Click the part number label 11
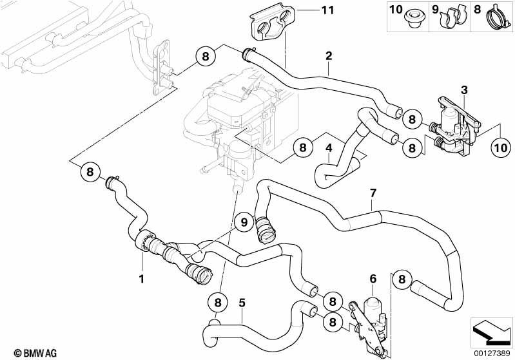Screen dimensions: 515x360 tap(327, 10)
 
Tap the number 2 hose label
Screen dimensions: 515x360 tap(329, 55)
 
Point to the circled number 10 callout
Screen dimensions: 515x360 tap(501, 147)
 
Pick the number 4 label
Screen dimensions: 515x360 tap(329, 148)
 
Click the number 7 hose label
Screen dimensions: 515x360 tap(373, 193)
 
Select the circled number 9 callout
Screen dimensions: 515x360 tap(244, 222)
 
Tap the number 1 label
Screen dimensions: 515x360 tap(142, 279)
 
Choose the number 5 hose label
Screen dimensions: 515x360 tap(242, 302)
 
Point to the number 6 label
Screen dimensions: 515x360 tap(373, 279)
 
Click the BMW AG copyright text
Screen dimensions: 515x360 tap(35, 353)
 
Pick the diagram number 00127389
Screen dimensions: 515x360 tap(491, 353)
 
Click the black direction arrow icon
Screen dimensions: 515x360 tap(491, 334)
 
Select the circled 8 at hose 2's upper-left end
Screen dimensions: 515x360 tap(206, 56)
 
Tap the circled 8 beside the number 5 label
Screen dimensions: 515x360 tap(218, 302)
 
